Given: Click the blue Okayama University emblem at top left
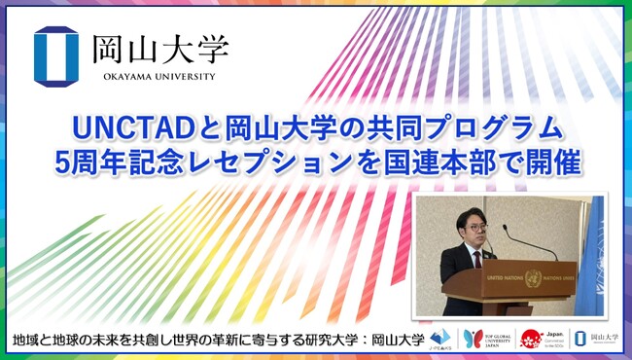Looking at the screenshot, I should [x=55, y=55].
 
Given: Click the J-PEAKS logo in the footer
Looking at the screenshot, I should [x=442, y=339].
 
